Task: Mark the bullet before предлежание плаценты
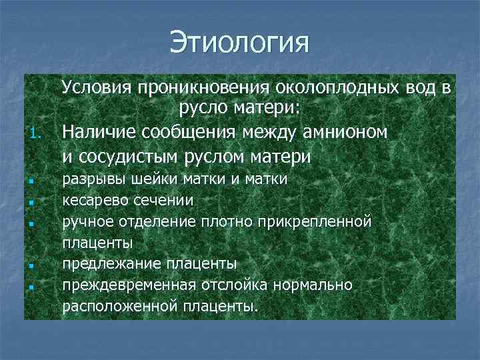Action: [32, 265]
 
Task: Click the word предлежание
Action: [105, 263]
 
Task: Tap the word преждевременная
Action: [123, 285]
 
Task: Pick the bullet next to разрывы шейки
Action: [32, 180]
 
